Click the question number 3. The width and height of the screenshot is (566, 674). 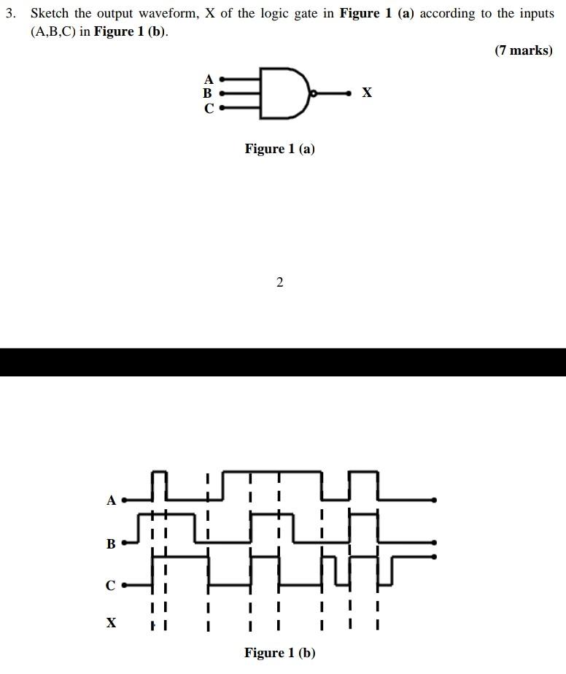coord(9,14)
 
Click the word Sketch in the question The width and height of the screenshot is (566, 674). coord(49,14)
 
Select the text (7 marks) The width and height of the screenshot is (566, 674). coord(523,50)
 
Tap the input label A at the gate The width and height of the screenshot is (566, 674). coord(209,79)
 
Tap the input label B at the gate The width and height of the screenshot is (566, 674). coord(208,93)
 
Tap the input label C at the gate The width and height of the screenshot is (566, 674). coord(209,109)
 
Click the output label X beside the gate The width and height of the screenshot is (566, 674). coord(367,93)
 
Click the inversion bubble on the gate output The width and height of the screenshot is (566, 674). coord(313,93)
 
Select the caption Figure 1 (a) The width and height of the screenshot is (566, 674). coord(280,149)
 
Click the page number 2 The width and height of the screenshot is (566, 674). coord(280,282)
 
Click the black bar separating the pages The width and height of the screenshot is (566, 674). coord(283,362)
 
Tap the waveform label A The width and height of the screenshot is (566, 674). coord(111,500)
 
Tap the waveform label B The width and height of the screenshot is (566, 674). coord(111,543)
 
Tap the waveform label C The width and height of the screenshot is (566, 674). coord(111,586)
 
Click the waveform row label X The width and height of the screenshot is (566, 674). coord(111,623)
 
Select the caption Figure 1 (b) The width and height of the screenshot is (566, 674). coord(280,653)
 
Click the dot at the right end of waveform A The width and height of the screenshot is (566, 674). coord(435,500)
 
